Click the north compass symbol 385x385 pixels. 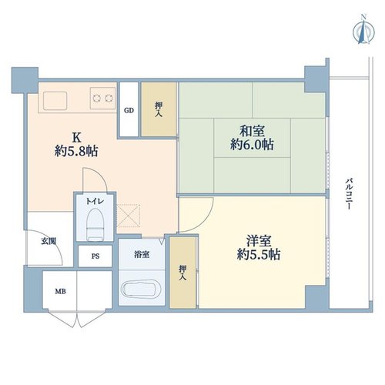pos(363,32)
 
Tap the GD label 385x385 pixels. pos(129,110)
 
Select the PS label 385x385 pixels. pos(95,256)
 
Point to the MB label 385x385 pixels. pos(61,291)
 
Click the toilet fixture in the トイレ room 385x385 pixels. pos(95,225)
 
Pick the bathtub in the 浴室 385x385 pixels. pos(141,289)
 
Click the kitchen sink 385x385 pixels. pos(55,101)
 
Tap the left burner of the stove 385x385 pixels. pos(96,98)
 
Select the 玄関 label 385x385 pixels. pos(49,241)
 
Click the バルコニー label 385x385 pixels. pos(348,194)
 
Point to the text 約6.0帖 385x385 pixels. pos(252,145)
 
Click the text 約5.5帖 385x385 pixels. pos(259,255)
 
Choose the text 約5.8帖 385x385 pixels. pos(76,151)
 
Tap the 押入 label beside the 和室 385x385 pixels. pos(159,109)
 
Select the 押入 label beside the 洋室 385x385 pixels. pos(182,273)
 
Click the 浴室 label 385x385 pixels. pos(142,255)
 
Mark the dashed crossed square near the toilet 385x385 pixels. pos(129,216)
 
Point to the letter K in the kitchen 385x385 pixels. pos(76,138)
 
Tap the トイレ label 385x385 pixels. pos(95,201)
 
